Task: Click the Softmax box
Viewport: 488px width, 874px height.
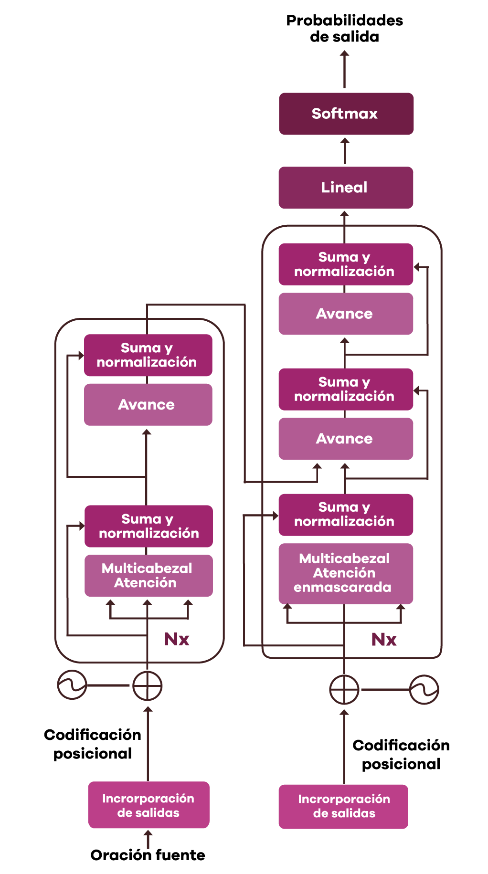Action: [x=346, y=114]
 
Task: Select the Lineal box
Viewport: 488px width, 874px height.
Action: [x=346, y=188]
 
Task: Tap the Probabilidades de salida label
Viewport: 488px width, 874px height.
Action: [x=344, y=28]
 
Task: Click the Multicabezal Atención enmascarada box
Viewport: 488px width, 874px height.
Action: [x=346, y=574]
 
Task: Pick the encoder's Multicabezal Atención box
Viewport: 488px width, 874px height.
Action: [x=149, y=576]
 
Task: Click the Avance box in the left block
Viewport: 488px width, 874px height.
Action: [x=148, y=405]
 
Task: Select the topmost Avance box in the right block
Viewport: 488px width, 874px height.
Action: [x=346, y=314]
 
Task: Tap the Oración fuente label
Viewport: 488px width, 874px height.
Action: [x=148, y=855]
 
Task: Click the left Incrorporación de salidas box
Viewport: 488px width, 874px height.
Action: [x=149, y=805]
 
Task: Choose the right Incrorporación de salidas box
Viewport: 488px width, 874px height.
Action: [x=343, y=806]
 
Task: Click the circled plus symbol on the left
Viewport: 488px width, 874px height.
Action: [x=148, y=686]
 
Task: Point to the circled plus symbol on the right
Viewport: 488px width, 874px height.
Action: [x=344, y=690]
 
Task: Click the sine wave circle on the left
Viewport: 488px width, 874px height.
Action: [x=72, y=685]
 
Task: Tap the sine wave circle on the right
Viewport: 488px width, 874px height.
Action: [x=424, y=690]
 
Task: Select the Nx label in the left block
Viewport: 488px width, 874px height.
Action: [x=177, y=639]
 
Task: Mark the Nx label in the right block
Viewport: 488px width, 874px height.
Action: [x=384, y=640]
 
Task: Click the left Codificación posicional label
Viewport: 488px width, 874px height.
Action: [x=93, y=744]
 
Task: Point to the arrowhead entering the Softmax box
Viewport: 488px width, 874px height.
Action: [x=345, y=142]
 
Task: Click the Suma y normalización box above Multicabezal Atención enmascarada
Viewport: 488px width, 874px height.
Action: [x=346, y=515]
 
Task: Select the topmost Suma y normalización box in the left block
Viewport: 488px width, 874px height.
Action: [x=148, y=355]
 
